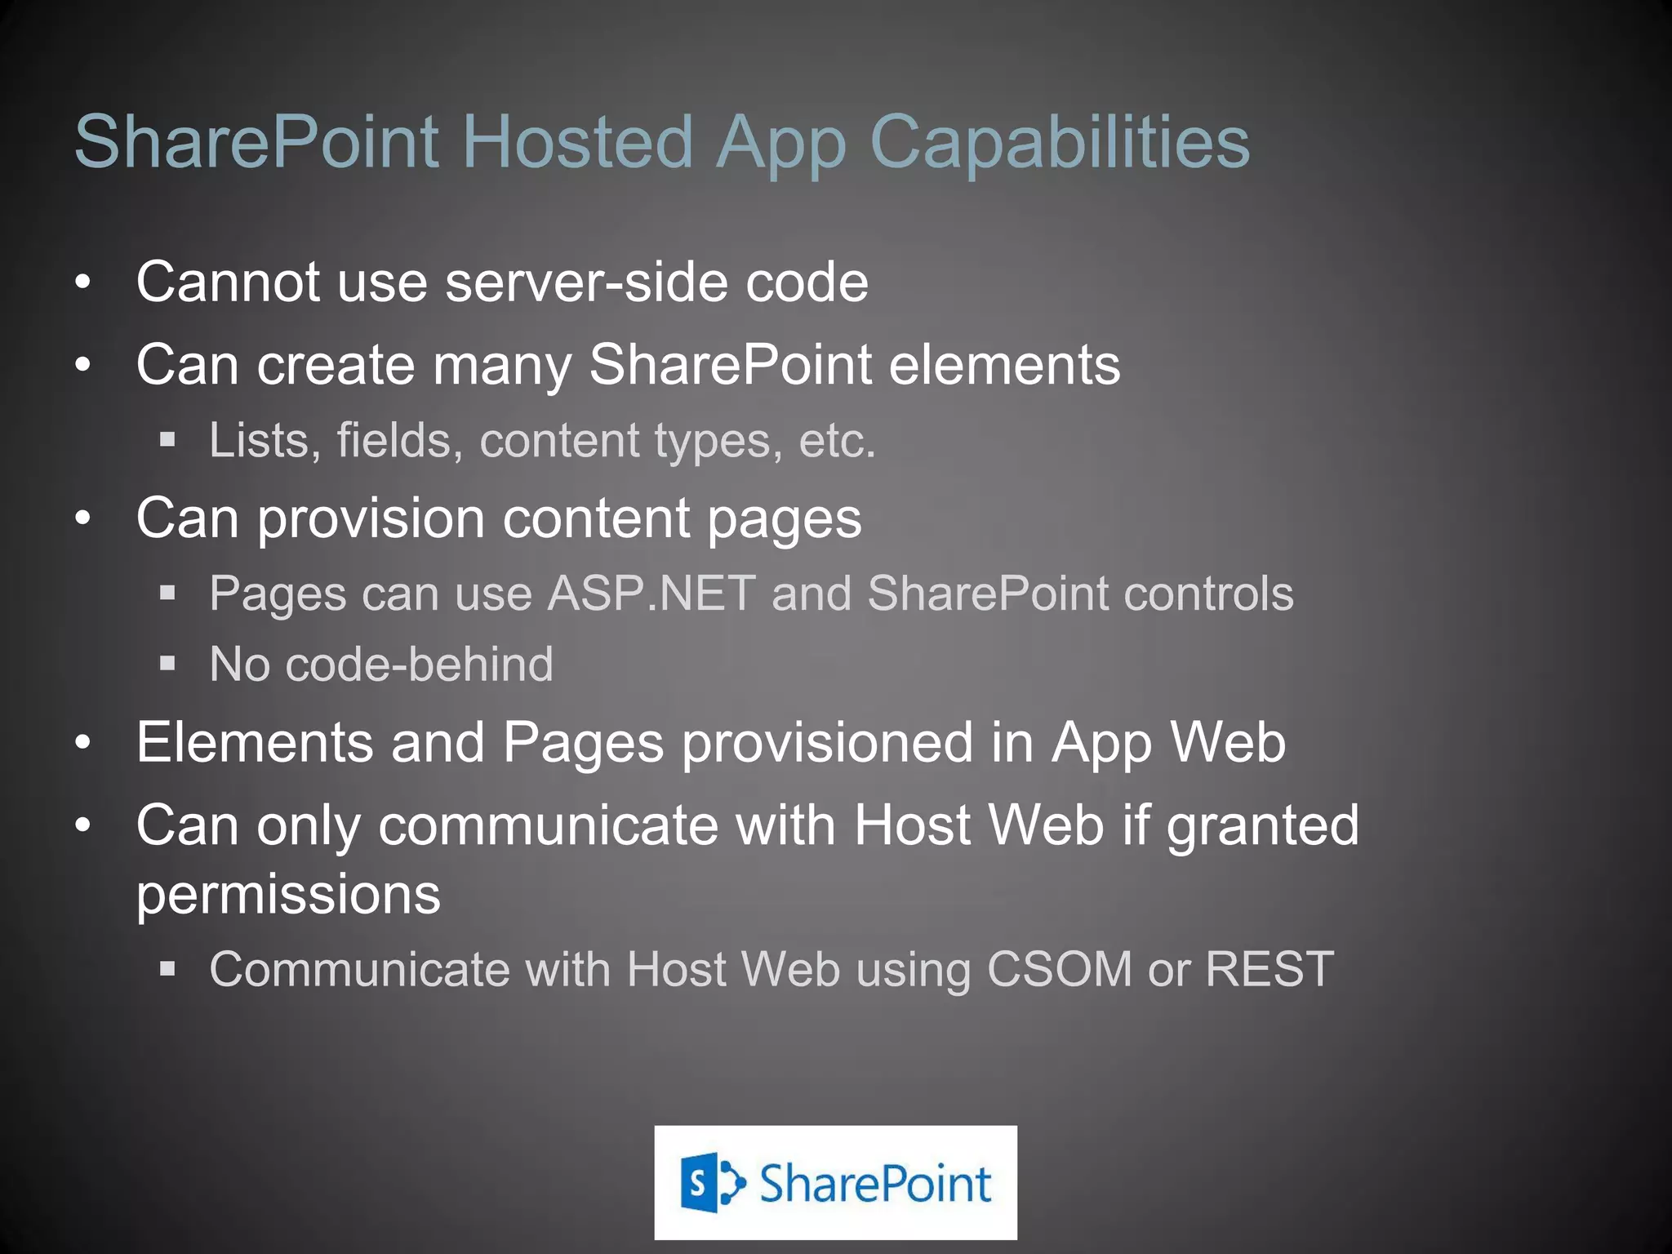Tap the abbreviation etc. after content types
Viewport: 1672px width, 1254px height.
click(837, 440)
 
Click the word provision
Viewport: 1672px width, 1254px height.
click(371, 519)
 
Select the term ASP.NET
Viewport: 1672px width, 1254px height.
click(651, 594)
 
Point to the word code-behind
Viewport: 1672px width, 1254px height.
click(419, 664)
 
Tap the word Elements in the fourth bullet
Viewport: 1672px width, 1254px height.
click(254, 742)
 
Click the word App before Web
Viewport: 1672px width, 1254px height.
click(1101, 744)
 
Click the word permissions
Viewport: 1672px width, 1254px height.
click(288, 896)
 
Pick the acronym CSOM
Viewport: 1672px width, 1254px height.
click(1059, 970)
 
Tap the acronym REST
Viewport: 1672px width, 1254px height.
click(1269, 970)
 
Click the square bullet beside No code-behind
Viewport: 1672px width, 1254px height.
click(168, 664)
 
